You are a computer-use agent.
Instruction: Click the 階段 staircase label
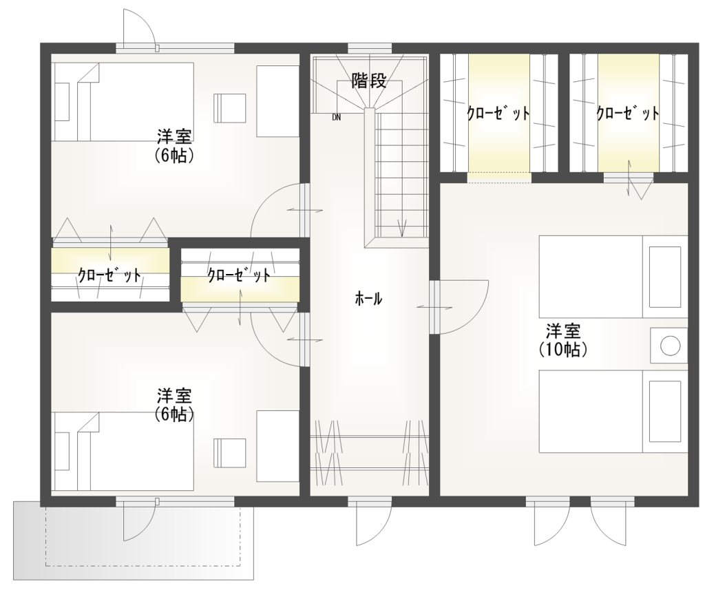click(x=368, y=81)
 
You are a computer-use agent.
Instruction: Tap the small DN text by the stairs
click(x=336, y=118)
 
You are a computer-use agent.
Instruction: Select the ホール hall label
click(x=368, y=299)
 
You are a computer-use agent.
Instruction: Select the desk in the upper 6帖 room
click(x=278, y=101)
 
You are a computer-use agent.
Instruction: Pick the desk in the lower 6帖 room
click(x=278, y=447)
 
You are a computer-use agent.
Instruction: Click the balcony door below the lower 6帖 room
click(x=138, y=519)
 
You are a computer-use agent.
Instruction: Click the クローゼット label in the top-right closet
click(x=628, y=114)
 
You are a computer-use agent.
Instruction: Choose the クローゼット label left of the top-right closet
click(x=498, y=114)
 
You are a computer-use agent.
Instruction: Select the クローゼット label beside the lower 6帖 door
click(x=238, y=275)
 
